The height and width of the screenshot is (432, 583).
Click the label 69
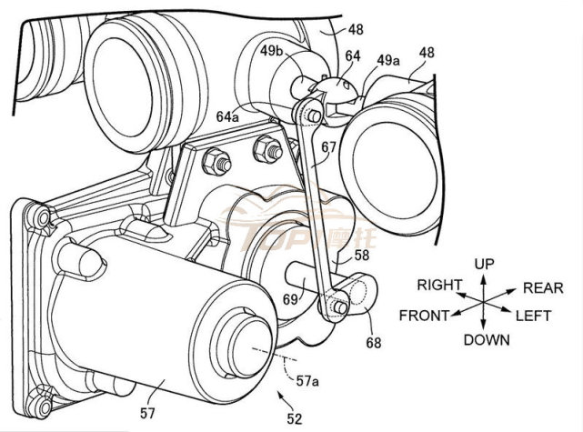tap(289, 296)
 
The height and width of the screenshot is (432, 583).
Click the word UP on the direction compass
tap(484, 263)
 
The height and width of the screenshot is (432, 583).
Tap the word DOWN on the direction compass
tap(486, 340)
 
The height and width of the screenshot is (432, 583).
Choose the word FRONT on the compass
tap(425, 316)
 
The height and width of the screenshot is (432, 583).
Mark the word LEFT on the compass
tap(536, 316)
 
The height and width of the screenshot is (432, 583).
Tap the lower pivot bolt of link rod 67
tap(339, 309)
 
